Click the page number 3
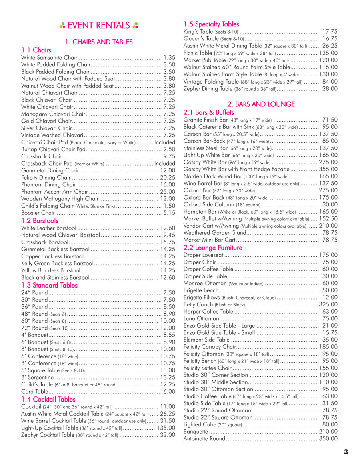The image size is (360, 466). click(346, 452)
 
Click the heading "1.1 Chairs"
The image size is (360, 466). click(36, 50)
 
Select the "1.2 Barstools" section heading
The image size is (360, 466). click(40, 220)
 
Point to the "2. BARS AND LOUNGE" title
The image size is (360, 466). click(261, 104)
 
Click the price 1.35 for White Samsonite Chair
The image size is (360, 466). click(170, 58)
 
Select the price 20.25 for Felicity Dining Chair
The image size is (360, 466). click(168, 178)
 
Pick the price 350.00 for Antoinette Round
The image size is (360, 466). click(328, 439)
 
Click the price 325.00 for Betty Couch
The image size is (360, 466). click(328, 304)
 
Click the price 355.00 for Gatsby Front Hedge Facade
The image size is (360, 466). click(328, 169)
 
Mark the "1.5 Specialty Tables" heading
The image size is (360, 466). click(211, 24)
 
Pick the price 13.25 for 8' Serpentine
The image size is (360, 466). click(168, 377)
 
